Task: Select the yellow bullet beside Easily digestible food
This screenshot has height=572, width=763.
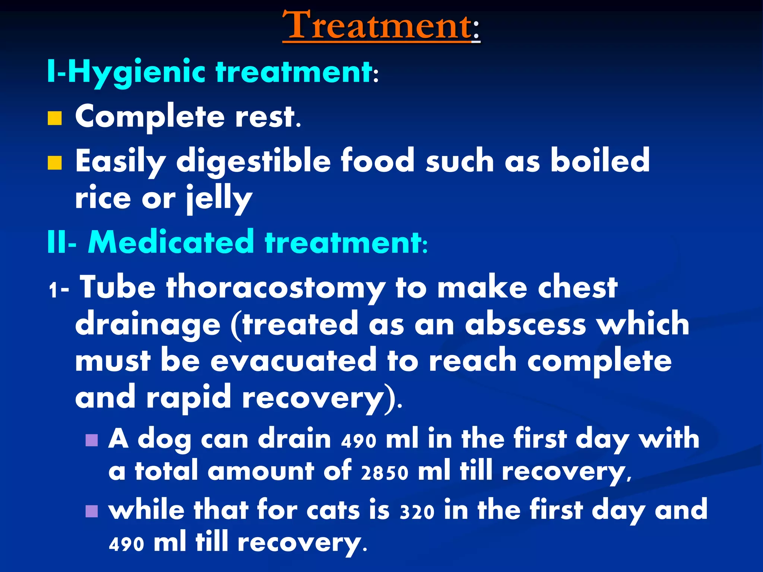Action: [x=55, y=163]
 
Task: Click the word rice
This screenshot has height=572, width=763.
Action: [x=103, y=198]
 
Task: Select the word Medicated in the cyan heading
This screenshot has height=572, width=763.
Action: [x=171, y=242]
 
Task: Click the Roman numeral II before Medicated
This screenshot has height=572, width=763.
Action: [x=58, y=242]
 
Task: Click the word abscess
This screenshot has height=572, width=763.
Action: [x=525, y=324]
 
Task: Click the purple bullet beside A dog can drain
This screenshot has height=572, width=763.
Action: [x=92, y=440]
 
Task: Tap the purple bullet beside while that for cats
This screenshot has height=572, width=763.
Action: [x=92, y=511]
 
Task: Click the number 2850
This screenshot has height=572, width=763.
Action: [x=384, y=473]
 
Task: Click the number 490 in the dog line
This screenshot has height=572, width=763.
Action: [x=358, y=441]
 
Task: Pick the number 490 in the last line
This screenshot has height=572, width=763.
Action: [x=126, y=544]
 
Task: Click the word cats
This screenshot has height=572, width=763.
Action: [x=333, y=510]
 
